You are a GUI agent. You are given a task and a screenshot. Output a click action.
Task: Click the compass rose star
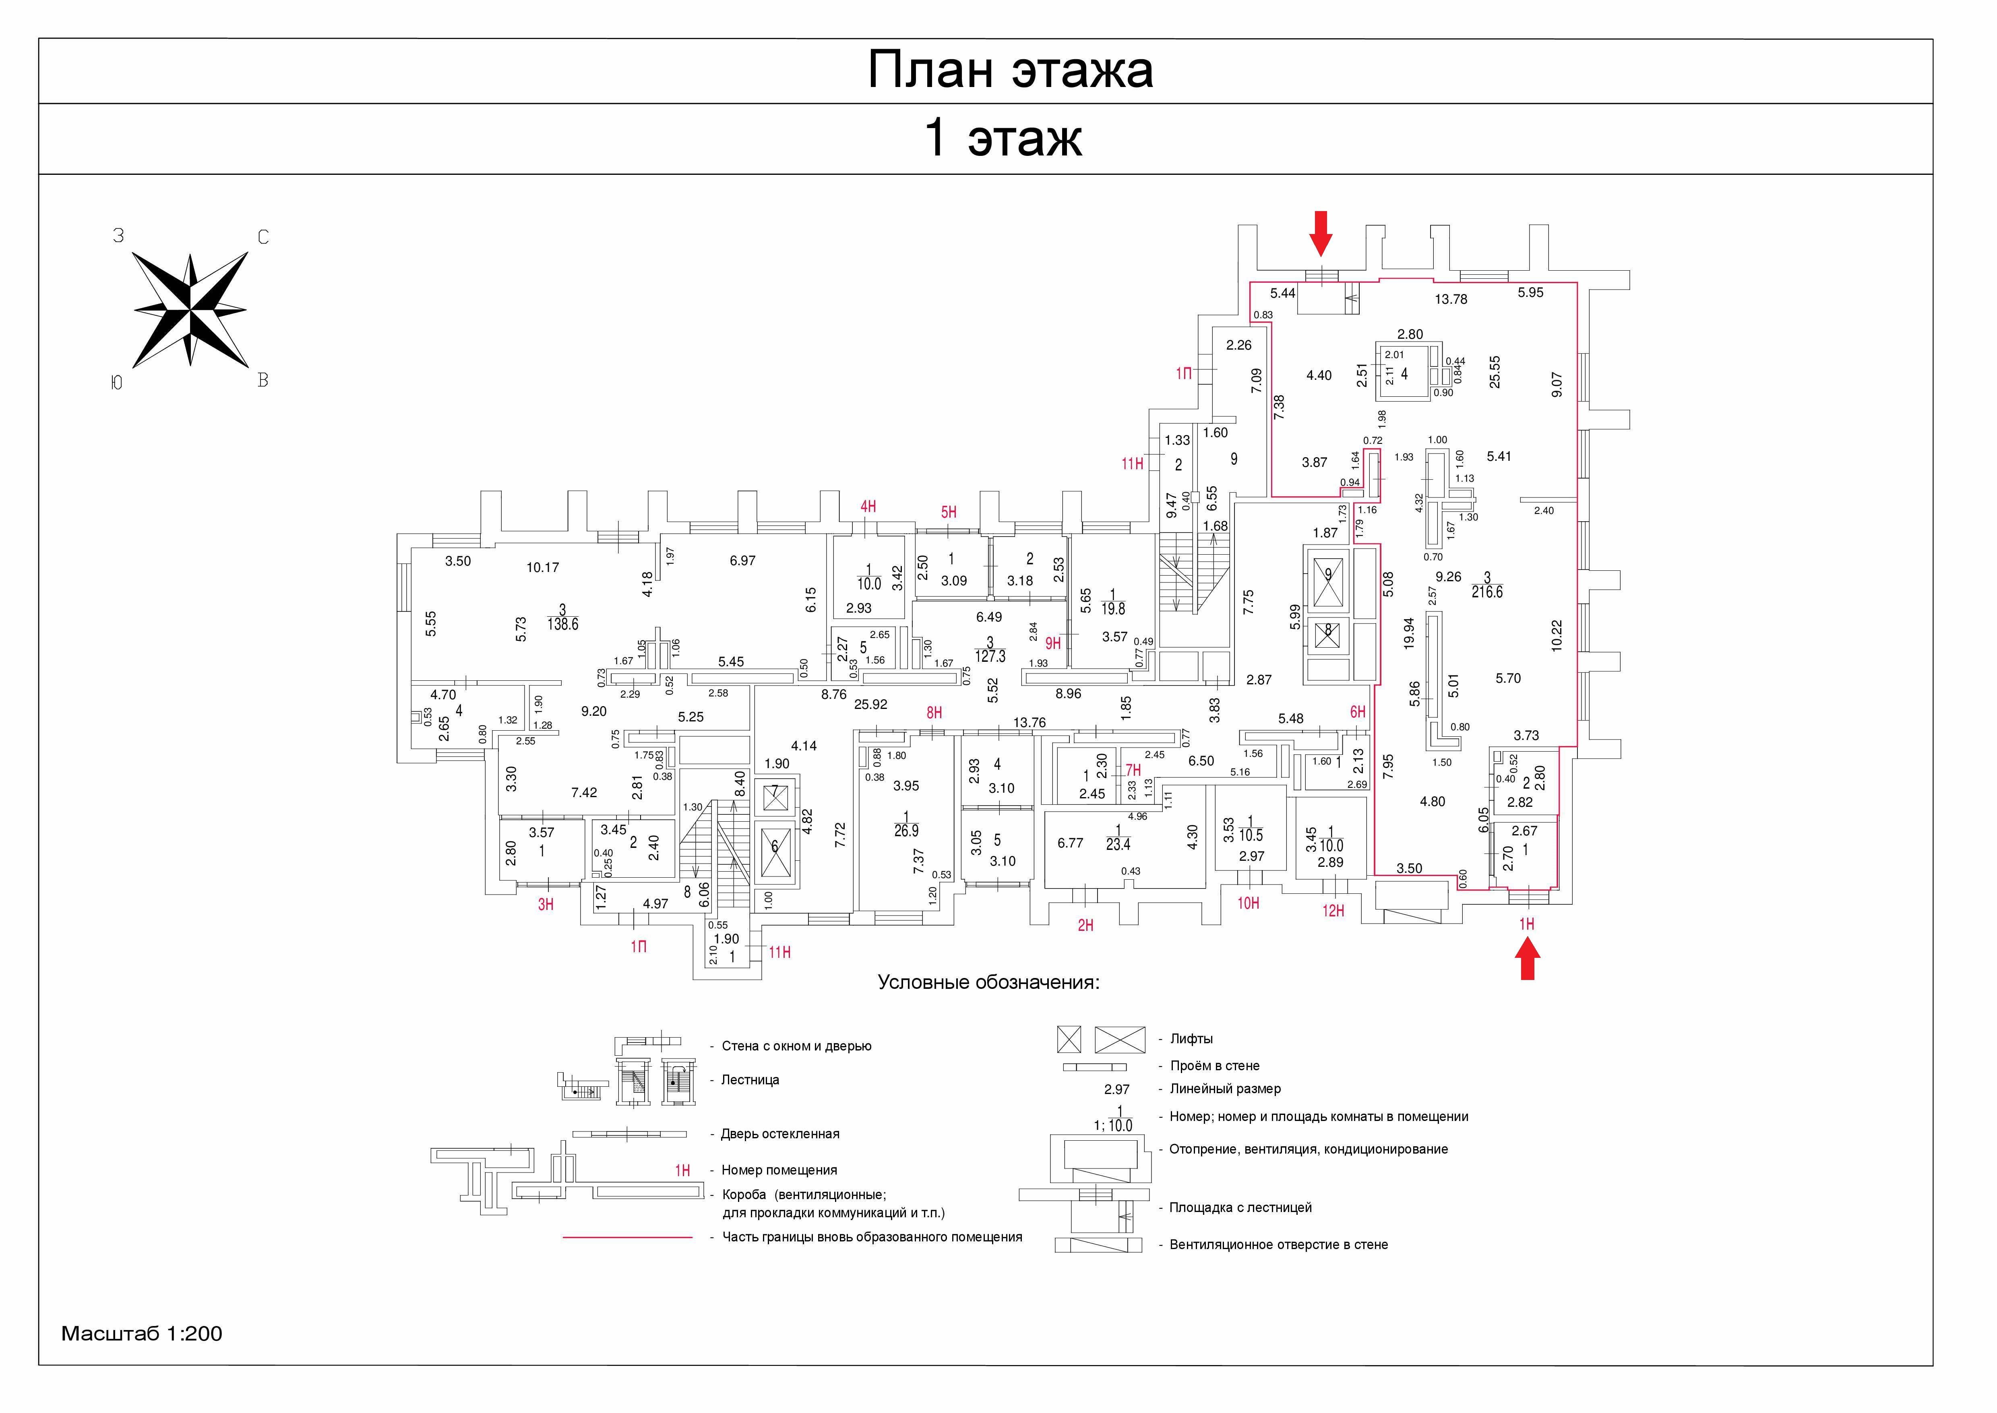click(x=190, y=310)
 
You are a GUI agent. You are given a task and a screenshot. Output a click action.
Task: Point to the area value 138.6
click(x=563, y=625)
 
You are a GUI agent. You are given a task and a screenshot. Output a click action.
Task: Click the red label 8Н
click(x=934, y=713)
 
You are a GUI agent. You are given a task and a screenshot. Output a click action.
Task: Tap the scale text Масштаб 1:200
click(x=142, y=1334)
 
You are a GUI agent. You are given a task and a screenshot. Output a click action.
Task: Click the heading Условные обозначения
click(x=989, y=983)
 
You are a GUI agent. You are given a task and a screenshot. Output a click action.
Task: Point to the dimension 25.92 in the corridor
click(x=870, y=705)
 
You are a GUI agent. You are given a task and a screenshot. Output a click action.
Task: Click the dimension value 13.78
click(x=1451, y=299)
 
